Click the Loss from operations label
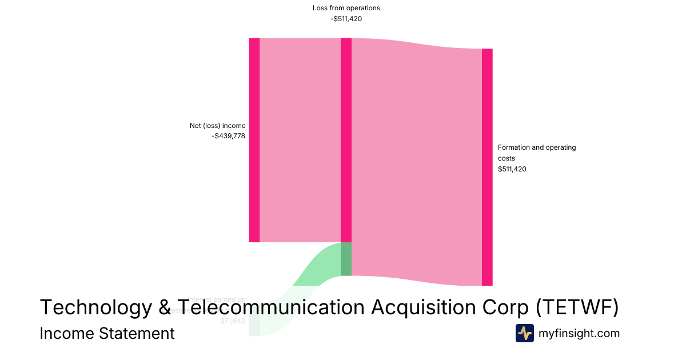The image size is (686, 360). point(346,8)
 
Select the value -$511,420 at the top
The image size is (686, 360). point(346,18)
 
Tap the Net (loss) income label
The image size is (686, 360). point(217,126)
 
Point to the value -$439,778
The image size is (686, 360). point(228,136)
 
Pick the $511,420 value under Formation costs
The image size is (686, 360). point(512,169)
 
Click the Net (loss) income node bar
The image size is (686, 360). point(254,140)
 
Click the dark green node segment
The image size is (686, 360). point(346,259)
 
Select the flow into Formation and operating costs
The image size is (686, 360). point(417,160)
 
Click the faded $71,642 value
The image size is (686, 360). point(233,321)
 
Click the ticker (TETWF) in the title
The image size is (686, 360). point(577,307)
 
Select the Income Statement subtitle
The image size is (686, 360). point(107,333)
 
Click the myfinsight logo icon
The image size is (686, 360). point(524,333)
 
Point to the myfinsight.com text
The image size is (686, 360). point(579,333)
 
